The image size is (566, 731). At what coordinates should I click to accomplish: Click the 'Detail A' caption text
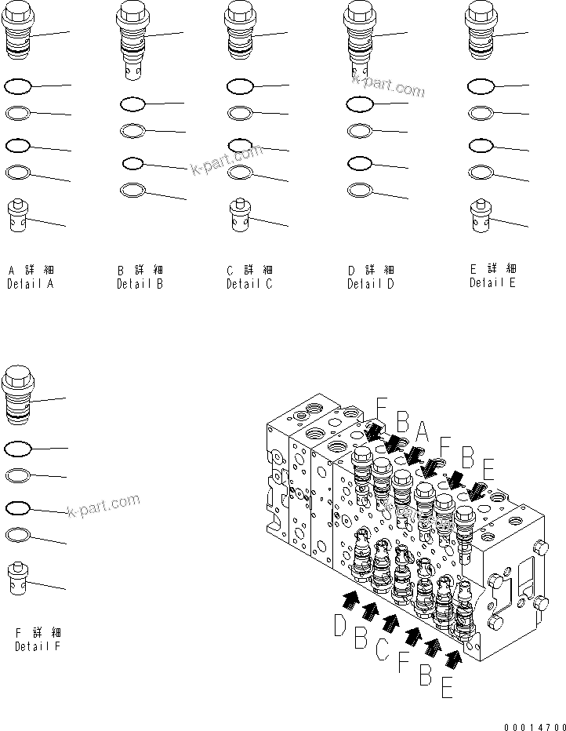coord(31,285)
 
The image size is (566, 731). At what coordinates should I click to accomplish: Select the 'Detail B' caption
coord(140,285)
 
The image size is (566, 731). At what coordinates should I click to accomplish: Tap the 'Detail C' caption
coord(249,285)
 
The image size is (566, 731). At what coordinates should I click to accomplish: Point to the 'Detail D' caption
coord(371,285)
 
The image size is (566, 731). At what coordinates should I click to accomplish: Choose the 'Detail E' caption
coord(492,283)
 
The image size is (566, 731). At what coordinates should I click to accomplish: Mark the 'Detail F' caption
coord(38,647)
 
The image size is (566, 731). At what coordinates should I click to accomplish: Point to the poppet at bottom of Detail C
coord(241,214)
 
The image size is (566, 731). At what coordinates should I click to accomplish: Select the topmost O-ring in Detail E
coord(480,86)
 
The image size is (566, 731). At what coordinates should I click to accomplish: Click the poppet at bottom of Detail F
coord(18,579)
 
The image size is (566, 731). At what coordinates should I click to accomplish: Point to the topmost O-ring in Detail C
coord(240,85)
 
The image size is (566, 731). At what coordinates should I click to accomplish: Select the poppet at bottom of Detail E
coord(481,216)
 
